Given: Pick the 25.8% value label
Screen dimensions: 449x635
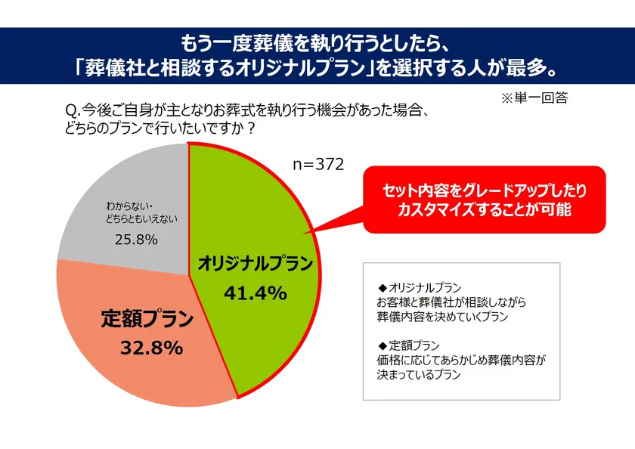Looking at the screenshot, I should [137, 240].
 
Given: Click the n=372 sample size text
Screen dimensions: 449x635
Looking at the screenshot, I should [318, 163].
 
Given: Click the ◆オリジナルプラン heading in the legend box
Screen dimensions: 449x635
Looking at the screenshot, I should [419, 288].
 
